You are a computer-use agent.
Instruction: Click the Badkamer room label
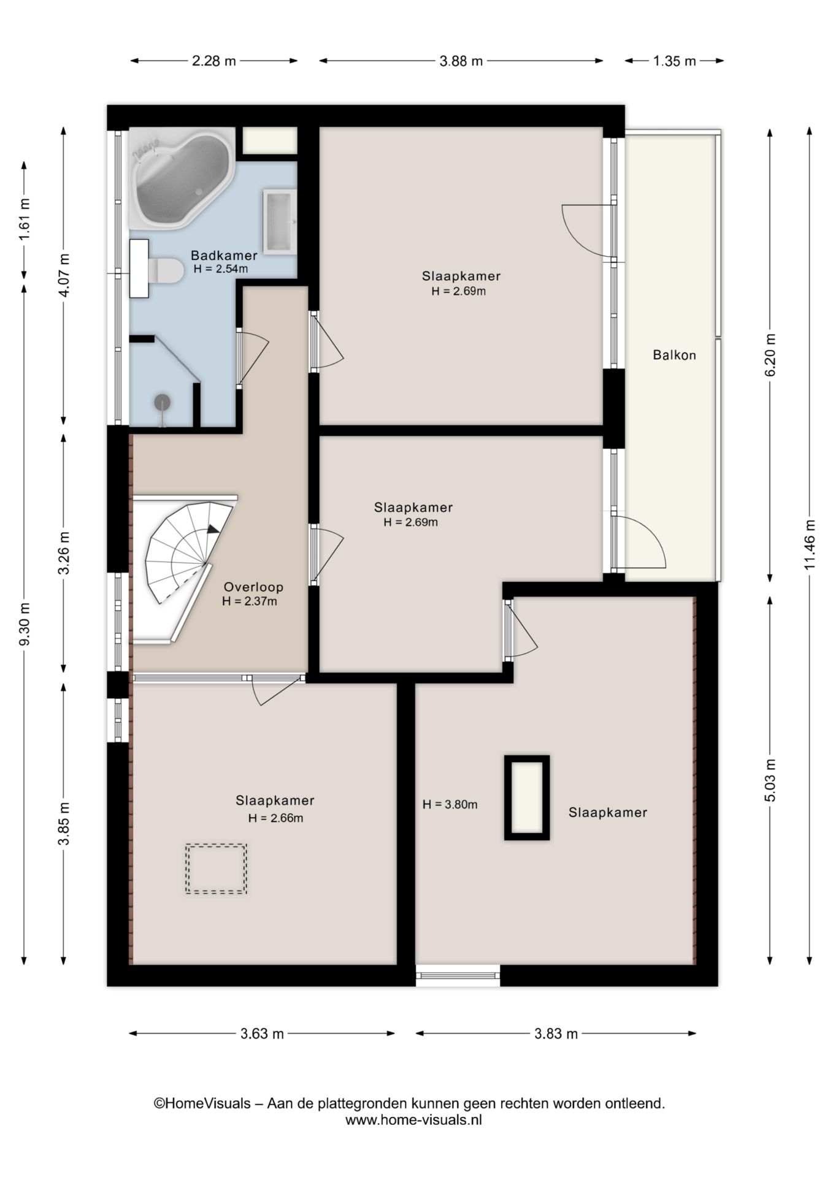(x=223, y=255)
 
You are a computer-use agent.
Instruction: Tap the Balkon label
(x=674, y=355)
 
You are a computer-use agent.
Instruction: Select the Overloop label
(x=253, y=587)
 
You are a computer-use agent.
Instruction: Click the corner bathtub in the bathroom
(x=182, y=178)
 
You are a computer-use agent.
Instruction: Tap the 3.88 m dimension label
(x=461, y=61)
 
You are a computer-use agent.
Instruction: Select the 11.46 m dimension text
(x=810, y=544)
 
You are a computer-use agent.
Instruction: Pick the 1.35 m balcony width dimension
(x=674, y=61)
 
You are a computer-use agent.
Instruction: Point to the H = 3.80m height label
(x=450, y=804)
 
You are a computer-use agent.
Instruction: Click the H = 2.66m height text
(x=275, y=818)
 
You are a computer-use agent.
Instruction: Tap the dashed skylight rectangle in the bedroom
(x=216, y=869)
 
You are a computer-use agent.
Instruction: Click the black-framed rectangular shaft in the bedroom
(x=527, y=798)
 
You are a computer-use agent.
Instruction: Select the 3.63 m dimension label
(x=262, y=1034)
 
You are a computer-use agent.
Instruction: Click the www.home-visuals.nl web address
(x=413, y=1119)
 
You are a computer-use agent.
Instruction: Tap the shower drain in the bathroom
(x=162, y=402)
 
